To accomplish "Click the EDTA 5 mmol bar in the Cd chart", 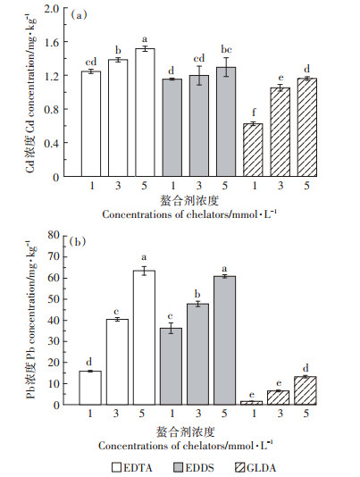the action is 145,113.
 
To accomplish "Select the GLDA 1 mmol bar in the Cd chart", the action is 253,150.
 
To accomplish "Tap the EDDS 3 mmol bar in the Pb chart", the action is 197,354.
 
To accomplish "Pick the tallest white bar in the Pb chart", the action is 144,338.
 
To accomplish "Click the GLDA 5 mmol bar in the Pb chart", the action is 306,390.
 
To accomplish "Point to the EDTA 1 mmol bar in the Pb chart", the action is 90,388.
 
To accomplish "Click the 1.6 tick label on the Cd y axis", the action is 52,42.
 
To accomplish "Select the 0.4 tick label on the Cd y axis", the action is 52,143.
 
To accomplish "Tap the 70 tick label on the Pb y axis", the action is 54,256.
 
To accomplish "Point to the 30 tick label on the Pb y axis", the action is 54,341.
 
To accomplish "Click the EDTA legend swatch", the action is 116,467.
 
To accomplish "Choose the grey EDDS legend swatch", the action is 179,467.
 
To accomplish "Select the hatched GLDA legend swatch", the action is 240,467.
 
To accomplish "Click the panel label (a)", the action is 79,15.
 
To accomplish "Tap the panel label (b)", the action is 78,242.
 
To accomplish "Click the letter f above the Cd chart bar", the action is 254,113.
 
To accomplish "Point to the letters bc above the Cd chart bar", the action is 226,50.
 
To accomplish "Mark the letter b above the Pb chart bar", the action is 197,294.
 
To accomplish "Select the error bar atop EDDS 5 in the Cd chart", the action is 226,67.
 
